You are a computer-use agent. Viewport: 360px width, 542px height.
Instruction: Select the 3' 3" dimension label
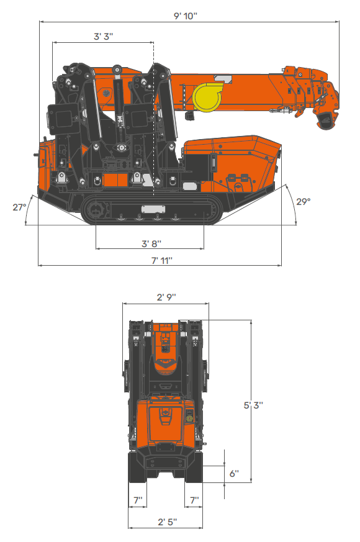[x=103, y=37]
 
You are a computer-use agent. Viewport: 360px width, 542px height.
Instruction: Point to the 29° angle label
[x=303, y=201]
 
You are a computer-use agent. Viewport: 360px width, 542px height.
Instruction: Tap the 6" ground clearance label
[x=233, y=473]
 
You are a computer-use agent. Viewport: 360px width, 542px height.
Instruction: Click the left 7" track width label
[x=138, y=499]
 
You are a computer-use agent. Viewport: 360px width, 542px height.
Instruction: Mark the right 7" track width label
[x=194, y=499]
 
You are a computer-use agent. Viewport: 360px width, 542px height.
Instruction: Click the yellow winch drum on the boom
[x=205, y=97]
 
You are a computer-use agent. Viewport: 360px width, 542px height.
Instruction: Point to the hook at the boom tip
[x=325, y=120]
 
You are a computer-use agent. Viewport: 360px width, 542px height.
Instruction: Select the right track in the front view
[x=194, y=469]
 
